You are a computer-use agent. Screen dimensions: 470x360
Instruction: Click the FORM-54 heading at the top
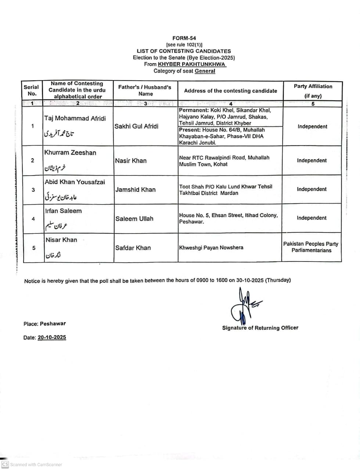pyautogui.click(x=184, y=38)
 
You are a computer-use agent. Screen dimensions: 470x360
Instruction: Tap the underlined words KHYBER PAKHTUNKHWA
pyautogui.click(x=192, y=64)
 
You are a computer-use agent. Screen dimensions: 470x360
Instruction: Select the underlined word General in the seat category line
pyautogui.click(x=205, y=71)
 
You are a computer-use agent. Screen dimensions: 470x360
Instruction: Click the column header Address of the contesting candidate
pyautogui.click(x=230, y=91)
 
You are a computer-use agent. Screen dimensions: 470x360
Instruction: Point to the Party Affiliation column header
pyautogui.click(x=313, y=87)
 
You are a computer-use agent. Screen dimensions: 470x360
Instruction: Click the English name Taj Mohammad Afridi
pyautogui.click(x=75, y=118)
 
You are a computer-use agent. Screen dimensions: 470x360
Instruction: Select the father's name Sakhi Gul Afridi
pyautogui.click(x=137, y=126)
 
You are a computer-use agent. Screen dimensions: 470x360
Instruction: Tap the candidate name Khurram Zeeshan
pyautogui.click(x=70, y=152)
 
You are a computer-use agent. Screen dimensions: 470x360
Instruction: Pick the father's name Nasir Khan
pyautogui.click(x=131, y=160)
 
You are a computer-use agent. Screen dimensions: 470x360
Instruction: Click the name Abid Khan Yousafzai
pyautogui.click(x=75, y=182)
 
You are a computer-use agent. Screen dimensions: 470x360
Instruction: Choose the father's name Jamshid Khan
pyautogui.click(x=135, y=189)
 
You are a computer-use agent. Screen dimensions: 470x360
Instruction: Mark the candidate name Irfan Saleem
pyautogui.click(x=63, y=211)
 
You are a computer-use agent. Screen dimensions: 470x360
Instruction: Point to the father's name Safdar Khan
pyautogui.click(x=133, y=247)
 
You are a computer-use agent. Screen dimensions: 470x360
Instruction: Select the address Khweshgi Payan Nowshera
pyautogui.click(x=211, y=247)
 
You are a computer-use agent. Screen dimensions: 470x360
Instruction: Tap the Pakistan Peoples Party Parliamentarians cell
pyautogui.click(x=311, y=247)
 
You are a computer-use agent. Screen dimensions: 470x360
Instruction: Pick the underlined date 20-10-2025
pyautogui.click(x=52, y=337)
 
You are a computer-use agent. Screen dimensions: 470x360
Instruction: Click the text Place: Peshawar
pyautogui.click(x=44, y=323)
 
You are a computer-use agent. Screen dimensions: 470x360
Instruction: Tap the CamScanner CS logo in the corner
pyautogui.click(x=5, y=464)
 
